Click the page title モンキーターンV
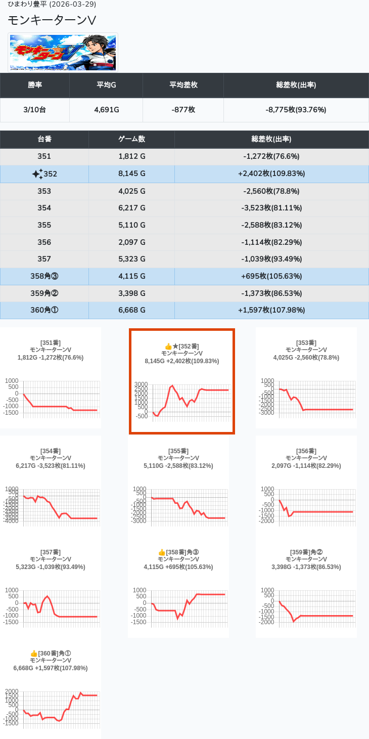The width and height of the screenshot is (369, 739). pos(52,20)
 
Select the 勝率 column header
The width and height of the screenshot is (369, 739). pos(35,85)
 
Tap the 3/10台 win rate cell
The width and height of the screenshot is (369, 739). pos(35,110)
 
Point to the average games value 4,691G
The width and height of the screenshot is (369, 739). pos(106,110)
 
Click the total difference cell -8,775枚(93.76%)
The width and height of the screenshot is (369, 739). pos(296,110)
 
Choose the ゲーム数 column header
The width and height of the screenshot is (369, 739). pos(131,139)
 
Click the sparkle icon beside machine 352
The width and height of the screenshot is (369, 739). pos(37,174)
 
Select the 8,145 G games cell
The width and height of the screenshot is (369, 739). pos(131,174)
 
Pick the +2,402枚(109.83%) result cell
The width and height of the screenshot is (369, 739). pos(271,174)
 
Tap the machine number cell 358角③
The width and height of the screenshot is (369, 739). pos(44,276)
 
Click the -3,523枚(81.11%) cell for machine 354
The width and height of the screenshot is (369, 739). pos(271,208)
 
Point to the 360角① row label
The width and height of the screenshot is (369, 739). pos(44,310)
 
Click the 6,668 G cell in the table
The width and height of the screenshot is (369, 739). pos(131,310)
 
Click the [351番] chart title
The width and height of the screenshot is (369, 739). pos(51,343)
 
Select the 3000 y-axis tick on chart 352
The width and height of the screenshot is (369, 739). pos(141,384)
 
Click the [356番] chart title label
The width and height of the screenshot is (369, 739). pos(306,451)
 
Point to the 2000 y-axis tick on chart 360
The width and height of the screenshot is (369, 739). pos(12,691)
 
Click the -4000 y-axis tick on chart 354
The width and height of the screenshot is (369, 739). pos(12,520)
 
